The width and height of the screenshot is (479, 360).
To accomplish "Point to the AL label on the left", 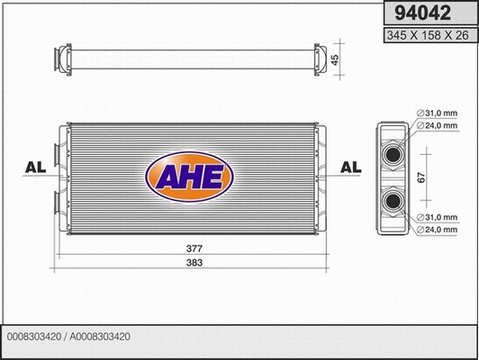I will pyautogui.click(x=36, y=167).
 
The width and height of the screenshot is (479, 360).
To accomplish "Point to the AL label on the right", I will pyautogui.click(x=351, y=167).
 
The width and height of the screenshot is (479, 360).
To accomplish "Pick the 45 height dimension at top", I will pyautogui.click(x=334, y=59).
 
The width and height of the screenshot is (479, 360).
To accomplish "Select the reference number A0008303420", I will pyautogui.click(x=100, y=337).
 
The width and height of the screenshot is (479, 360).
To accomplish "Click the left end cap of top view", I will pyautogui.click(x=63, y=59).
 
